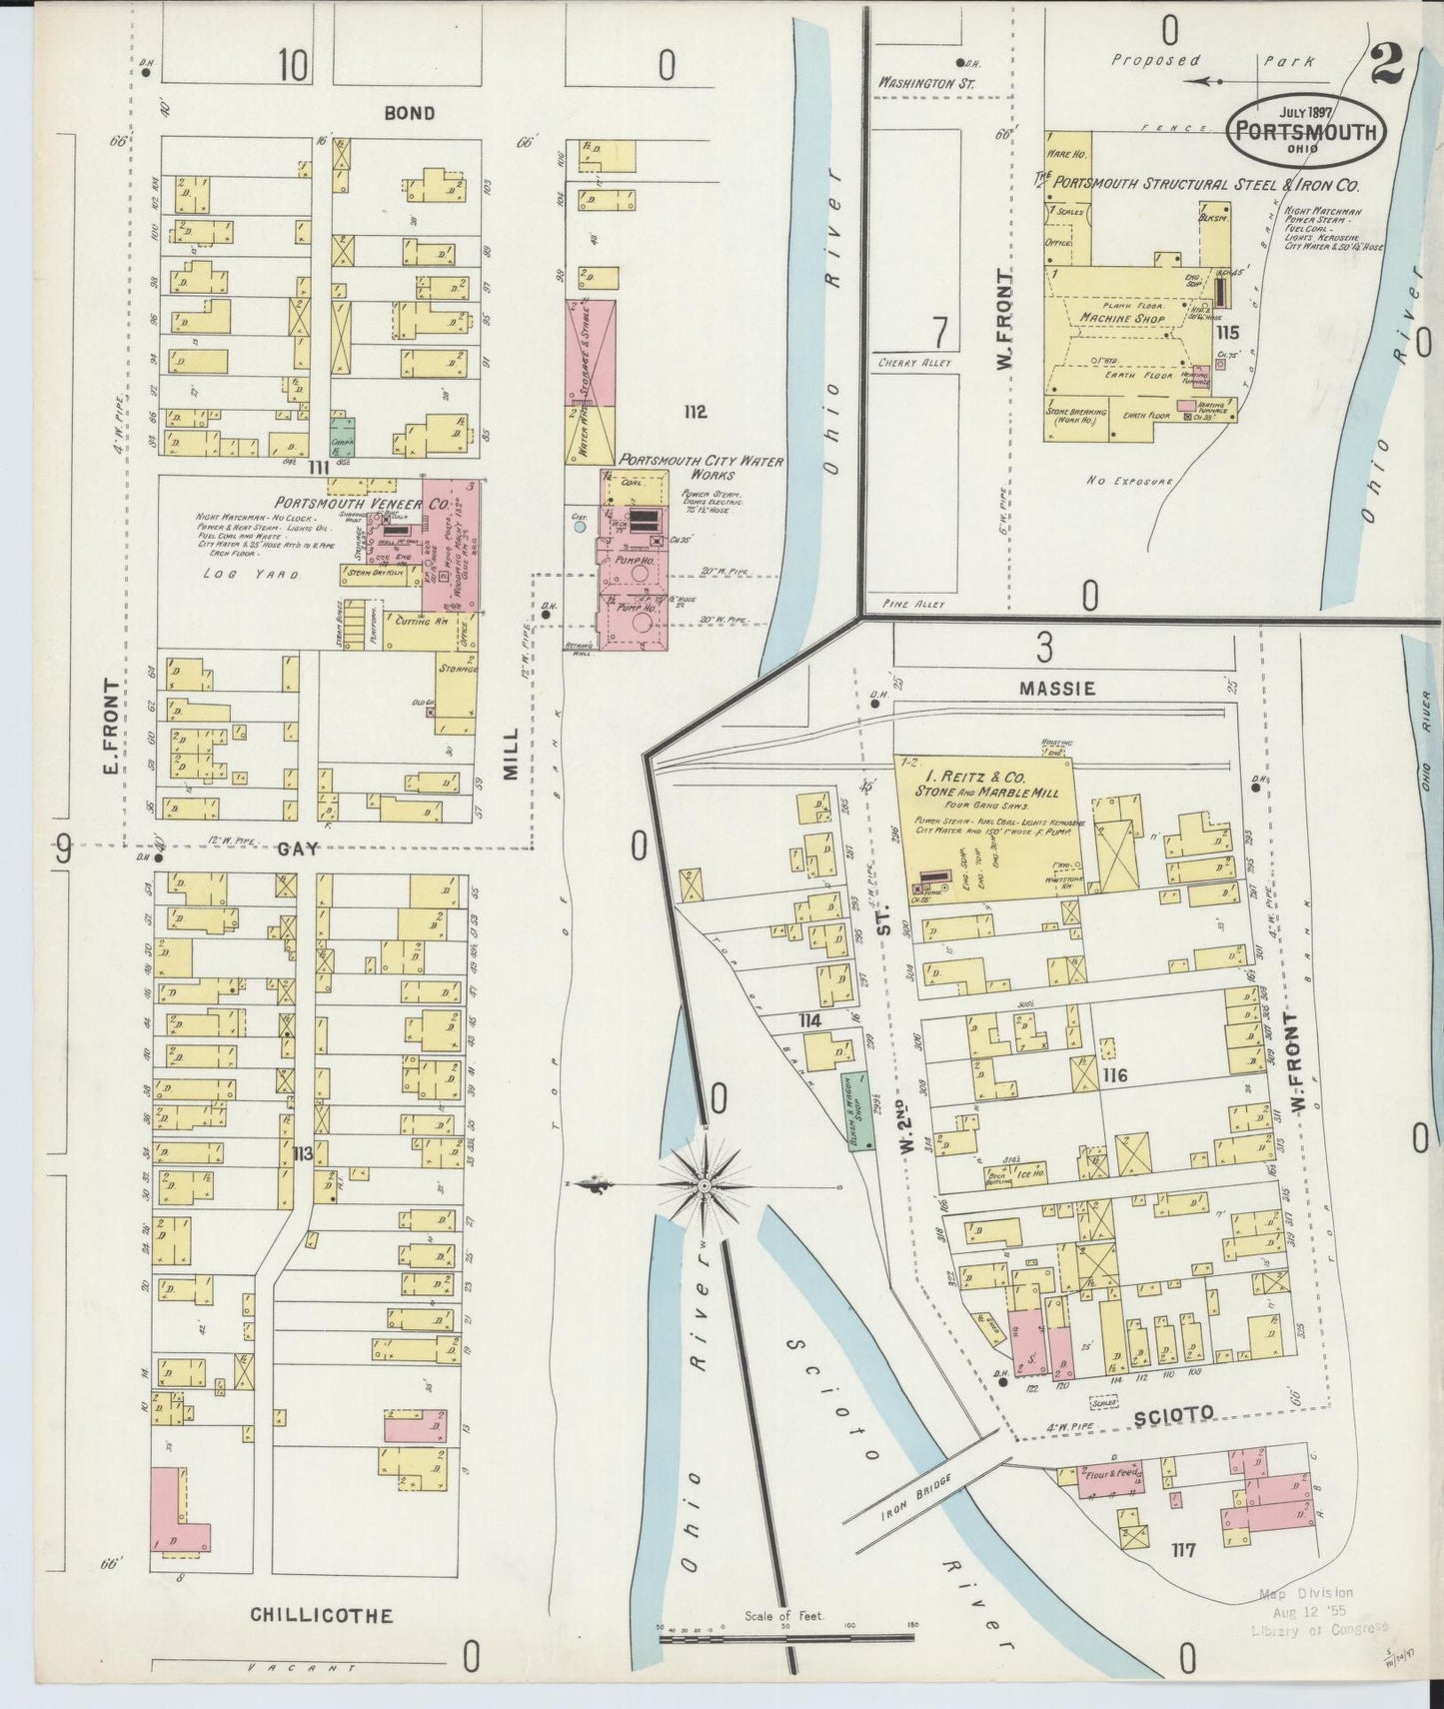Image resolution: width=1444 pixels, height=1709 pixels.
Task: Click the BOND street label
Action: [410, 113]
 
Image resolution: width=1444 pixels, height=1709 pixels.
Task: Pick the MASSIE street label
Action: [1057, 689]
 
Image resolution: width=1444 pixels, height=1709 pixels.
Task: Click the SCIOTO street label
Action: [1173, 1414]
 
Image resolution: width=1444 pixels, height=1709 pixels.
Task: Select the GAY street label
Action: [298, 848]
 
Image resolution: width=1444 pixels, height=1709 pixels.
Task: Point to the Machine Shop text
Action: [1122, 318]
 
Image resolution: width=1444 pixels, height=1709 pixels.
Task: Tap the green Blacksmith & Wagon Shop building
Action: [856, 1111]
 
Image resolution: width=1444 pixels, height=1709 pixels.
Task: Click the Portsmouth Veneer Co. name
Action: [361, 503]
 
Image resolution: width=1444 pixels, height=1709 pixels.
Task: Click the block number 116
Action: [1114, 1075]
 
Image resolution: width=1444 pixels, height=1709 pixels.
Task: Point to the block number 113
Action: [302, 1154]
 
